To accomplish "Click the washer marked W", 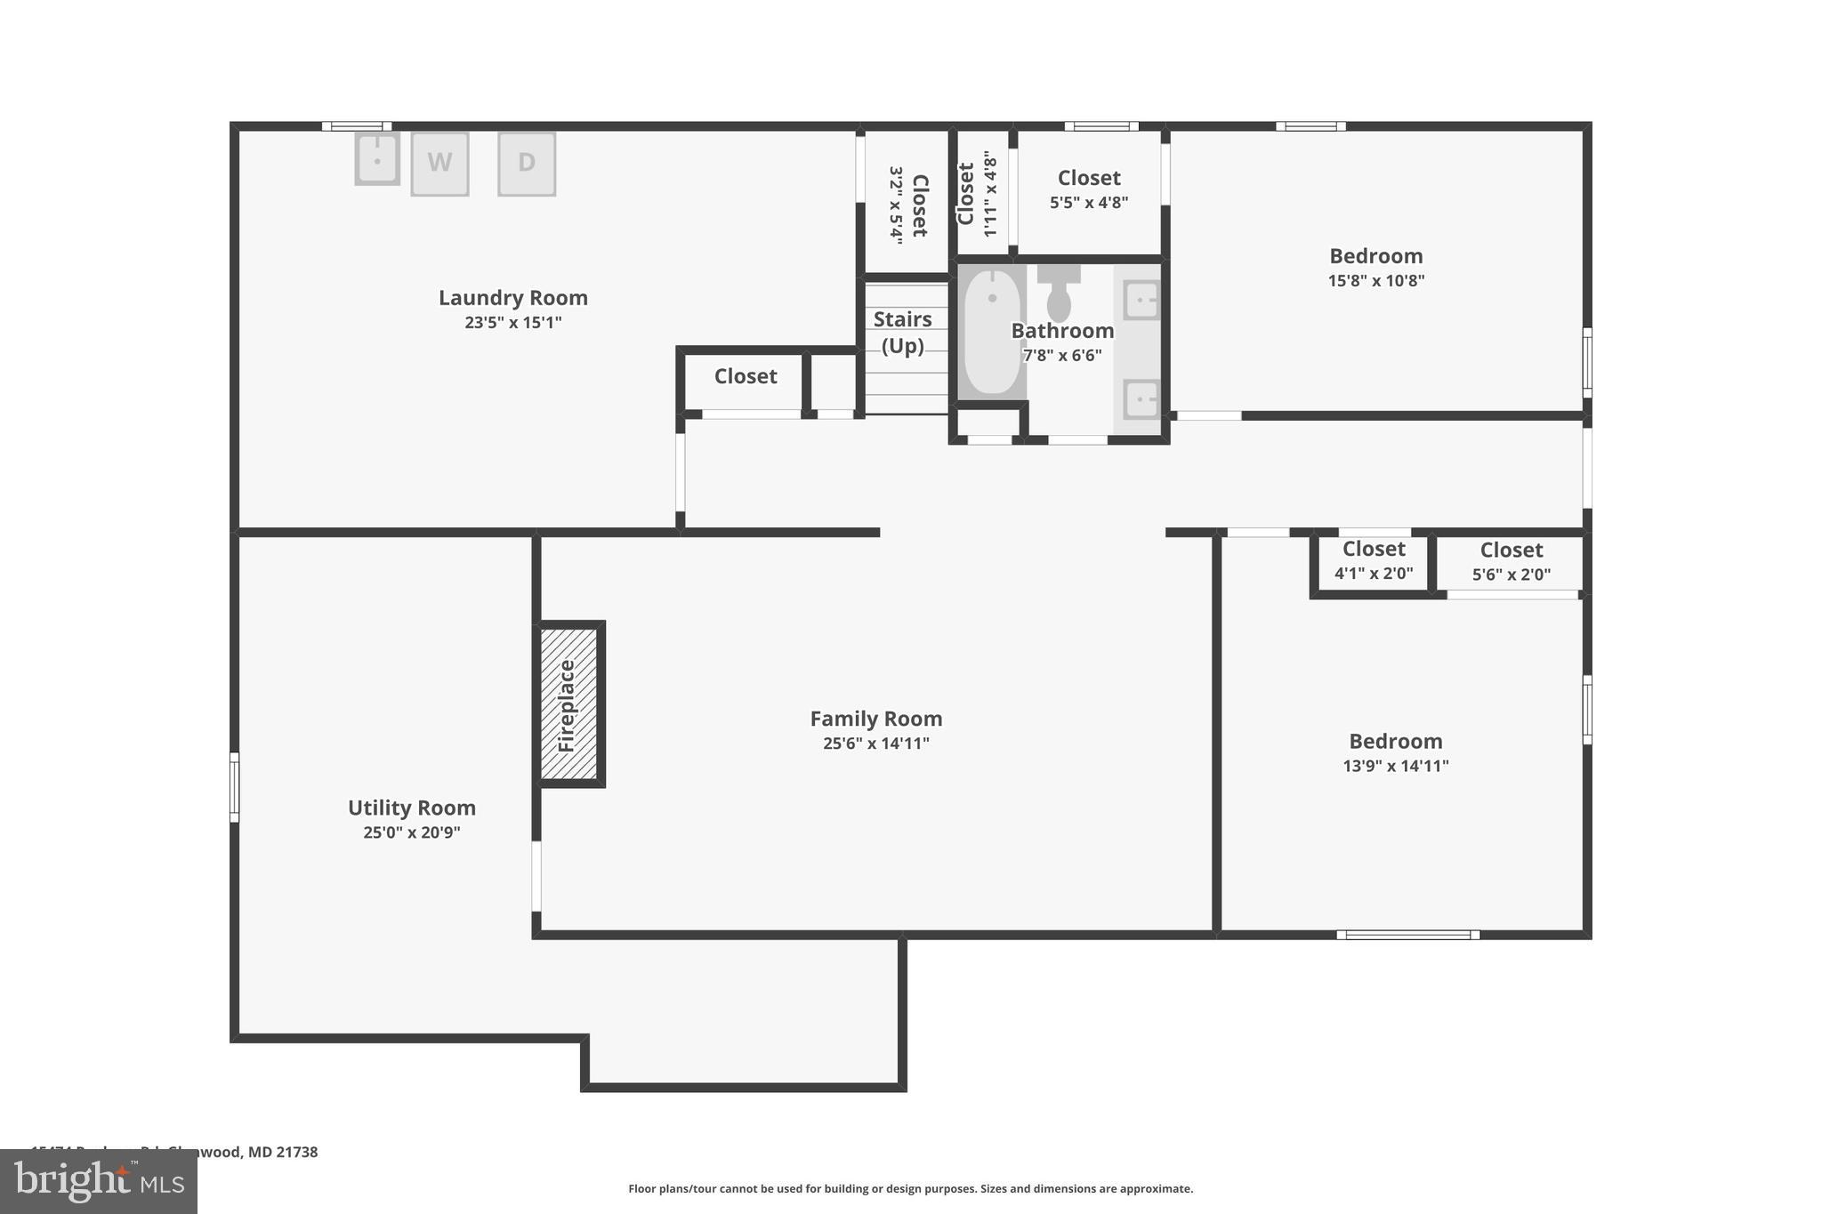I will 439,164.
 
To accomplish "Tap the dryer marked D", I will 527,164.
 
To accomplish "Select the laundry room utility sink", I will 377,159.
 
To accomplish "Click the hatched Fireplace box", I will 569,703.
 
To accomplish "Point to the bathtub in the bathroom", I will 992,331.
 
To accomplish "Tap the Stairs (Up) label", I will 902,332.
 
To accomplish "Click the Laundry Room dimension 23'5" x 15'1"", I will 513,323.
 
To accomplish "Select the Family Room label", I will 875,719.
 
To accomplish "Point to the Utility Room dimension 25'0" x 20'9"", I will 411,833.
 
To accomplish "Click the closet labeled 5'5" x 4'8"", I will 1089,189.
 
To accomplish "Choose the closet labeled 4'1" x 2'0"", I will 1374,561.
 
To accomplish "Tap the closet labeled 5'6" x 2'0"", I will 1511,562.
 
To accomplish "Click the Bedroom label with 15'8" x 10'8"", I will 1375,256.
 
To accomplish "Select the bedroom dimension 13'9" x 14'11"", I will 1395,766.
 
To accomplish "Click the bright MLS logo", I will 99,1181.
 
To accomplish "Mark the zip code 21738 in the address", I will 296,1152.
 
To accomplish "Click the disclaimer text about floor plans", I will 910,1188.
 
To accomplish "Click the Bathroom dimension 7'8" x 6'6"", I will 1061,356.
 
